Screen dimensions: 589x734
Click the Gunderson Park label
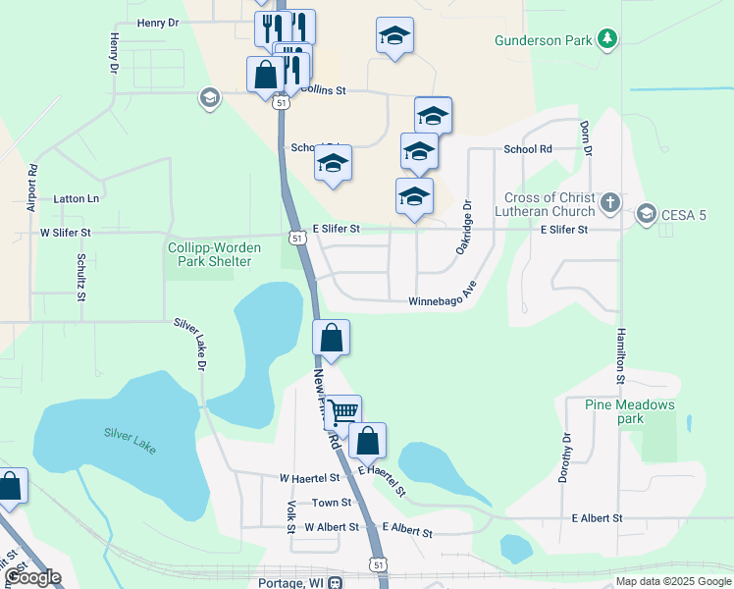click(544, 40)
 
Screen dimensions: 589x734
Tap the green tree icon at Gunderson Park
click(609, 39)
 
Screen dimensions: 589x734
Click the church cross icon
click(610, 204)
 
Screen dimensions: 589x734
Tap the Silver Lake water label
click(130, 439)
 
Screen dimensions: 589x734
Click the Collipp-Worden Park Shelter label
click(209, 254)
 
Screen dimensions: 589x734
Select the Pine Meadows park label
click(630, 411)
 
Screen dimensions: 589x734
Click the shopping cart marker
click(343, 411)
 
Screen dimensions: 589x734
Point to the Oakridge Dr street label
click(465, 228)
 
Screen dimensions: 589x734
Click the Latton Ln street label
click(77, 198)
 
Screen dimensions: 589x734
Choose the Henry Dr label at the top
click(158, 22)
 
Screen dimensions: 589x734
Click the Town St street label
click(325, 503)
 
